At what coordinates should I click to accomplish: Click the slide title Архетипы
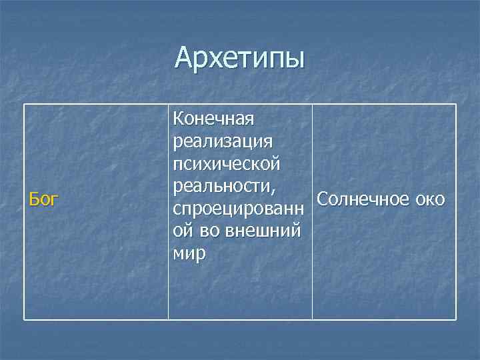(239, 59)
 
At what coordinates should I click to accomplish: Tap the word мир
(189, 254)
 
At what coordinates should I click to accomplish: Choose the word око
(431, 199)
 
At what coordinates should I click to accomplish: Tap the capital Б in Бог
(31, 198)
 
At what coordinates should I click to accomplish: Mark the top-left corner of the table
(25, 104)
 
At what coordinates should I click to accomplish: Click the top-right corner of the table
(457, 104)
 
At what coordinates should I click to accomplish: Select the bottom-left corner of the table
(25, 320)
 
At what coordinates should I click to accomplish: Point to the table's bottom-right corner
(457, 320)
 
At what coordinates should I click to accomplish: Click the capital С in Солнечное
(323, 199)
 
